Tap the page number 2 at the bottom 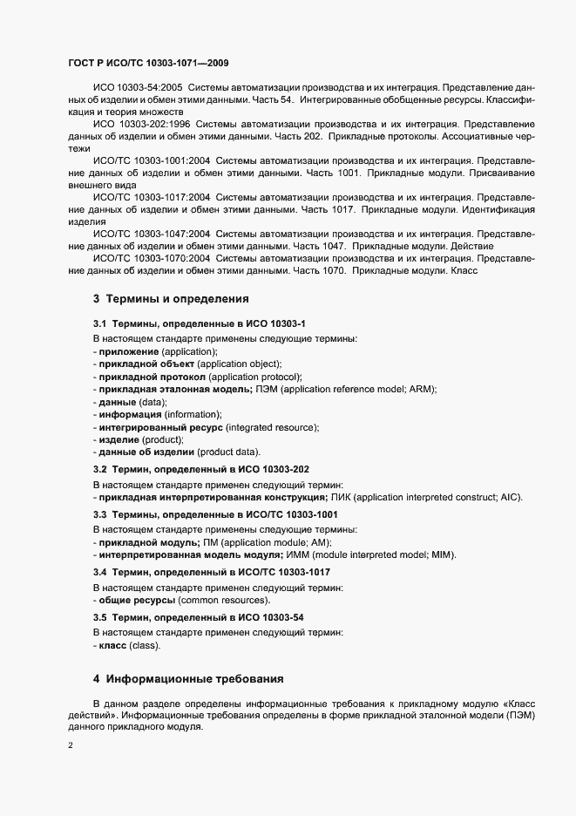click(x=70, y=746)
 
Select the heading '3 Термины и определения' click(x=171, y=299)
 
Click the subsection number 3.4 click(x=99, y=572)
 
